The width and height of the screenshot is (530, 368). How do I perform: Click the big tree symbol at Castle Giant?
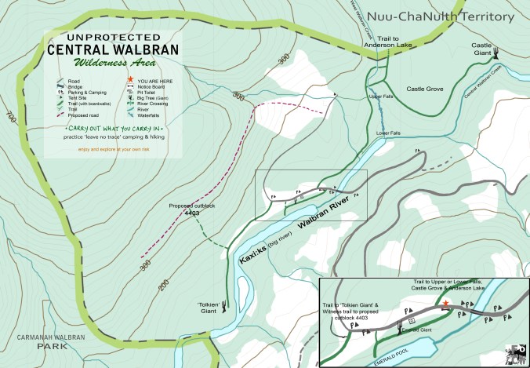(x=497, y=54)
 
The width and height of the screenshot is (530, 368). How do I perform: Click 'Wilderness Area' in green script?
(x=113, y=63)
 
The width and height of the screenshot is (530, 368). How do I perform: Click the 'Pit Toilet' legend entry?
(x=149, y=91)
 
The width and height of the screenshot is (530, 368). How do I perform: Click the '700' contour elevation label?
(x=9, y=119)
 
